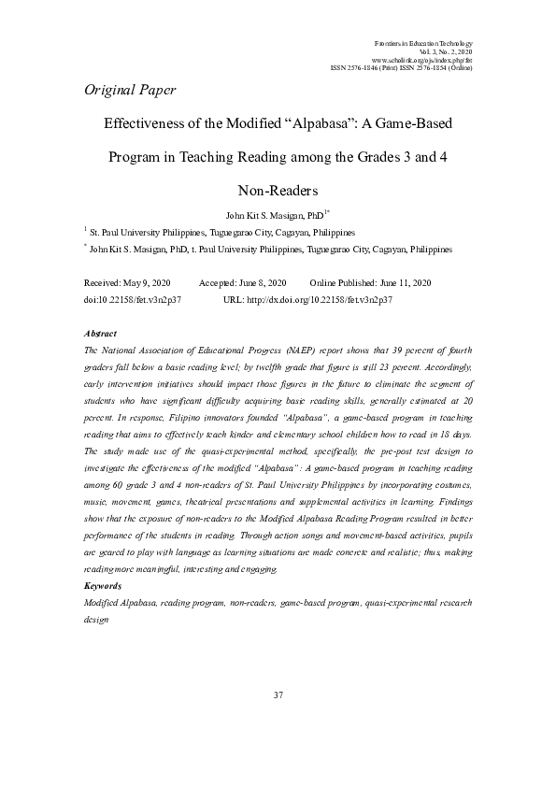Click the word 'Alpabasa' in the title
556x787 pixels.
(298, 122)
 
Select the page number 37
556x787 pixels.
(278, 695)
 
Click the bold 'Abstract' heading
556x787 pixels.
(100, 333)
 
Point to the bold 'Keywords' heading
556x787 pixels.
(103, 585)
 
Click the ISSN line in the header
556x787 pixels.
(402, 69)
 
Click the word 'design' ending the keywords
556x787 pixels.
(97, 618)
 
